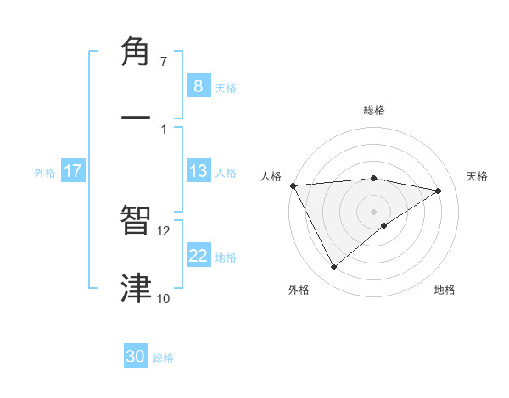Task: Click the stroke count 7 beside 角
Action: click(164, 62)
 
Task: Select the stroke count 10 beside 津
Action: click(164, 298)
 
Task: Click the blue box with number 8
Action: click(199, 86)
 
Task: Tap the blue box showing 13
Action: click(199, 171)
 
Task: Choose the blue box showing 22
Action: click(199, 257)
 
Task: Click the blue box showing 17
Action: click(72, 171)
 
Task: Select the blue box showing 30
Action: click(136, 357)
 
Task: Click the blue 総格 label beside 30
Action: click(163, 358)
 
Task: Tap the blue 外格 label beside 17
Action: click(45, 173)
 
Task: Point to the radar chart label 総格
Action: click(374, 110)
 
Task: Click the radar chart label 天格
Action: click(478, 176)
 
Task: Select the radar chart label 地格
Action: click(445, 290)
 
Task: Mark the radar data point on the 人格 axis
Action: click(293, 185)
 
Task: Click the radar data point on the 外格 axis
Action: click(333, 268)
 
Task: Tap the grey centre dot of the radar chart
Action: click(374, 211)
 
